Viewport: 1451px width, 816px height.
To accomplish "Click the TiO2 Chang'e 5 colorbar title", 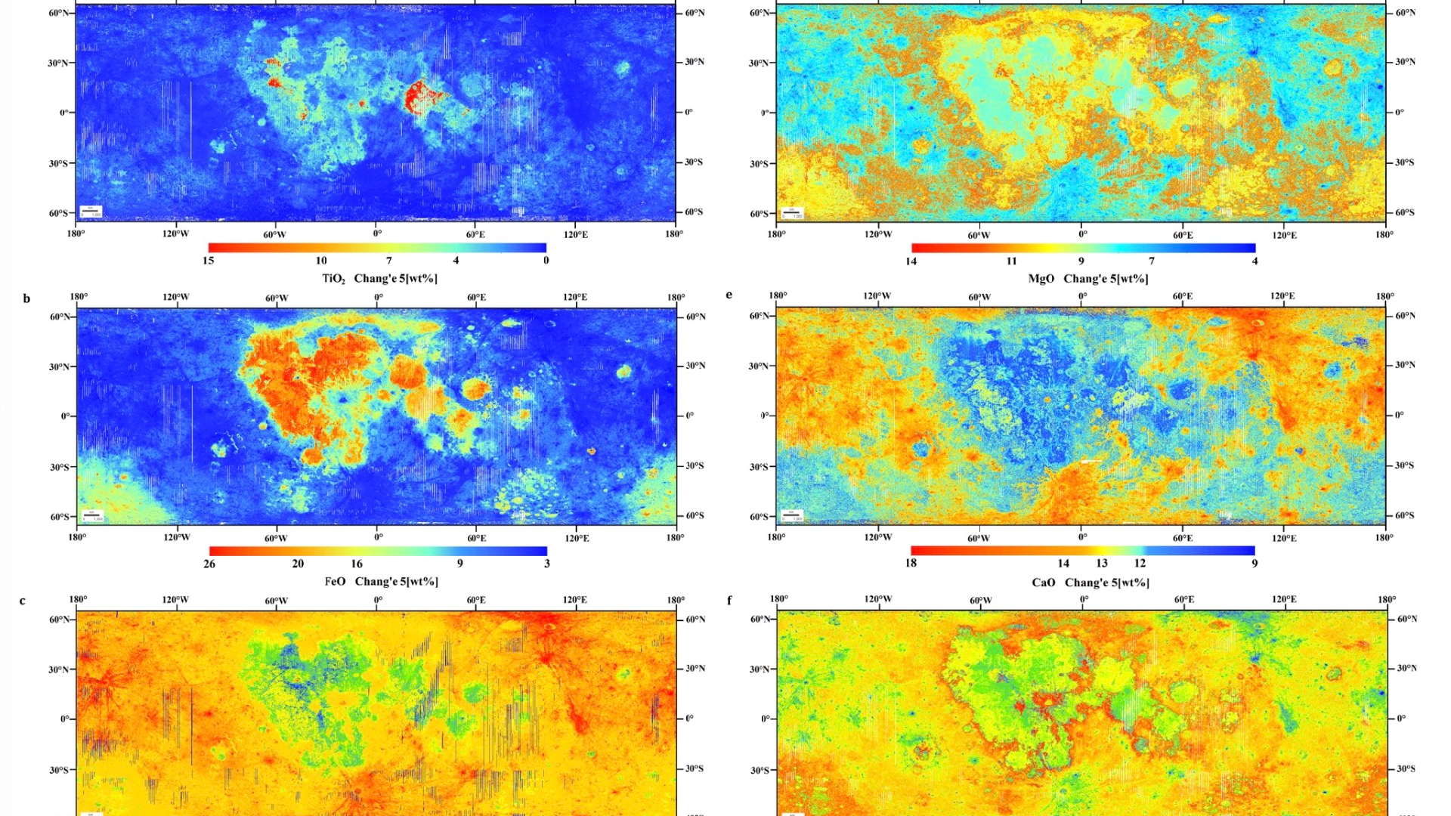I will [x=379, y=279].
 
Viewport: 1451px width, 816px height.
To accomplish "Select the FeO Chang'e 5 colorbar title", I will [x=381, y=582].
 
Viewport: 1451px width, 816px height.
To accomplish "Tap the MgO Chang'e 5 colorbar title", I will [x=1087, y=279].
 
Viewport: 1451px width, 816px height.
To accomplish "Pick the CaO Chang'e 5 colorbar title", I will [x=1090, y=583].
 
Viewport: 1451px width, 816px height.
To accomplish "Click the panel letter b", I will [x=26, y=299].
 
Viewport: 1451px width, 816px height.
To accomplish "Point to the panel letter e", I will [x=729, y=295].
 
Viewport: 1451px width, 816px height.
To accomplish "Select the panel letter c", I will [x=23, y=601].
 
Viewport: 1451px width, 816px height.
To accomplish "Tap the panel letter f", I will [x=729, y=601].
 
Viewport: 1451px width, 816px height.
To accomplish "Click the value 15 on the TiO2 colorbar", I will [x=209, y=261].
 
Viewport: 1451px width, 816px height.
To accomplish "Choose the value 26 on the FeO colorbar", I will [x=209, y=564].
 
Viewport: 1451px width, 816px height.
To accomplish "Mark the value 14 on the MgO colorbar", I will [x=911, y=261].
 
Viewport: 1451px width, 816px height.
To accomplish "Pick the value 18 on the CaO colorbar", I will [x=911, y=564].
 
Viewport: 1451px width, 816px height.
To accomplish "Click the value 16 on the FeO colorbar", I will [x=357, y=564].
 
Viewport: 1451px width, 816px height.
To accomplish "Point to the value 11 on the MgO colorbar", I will [x=1011, y=261].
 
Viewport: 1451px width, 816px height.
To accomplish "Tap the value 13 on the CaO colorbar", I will [x=1102, y=564].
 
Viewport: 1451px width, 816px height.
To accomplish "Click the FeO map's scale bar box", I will [x=92, y=515].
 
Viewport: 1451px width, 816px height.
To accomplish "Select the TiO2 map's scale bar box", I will [x=91, y=212].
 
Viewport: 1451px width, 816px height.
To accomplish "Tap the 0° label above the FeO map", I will [x=379, y=298].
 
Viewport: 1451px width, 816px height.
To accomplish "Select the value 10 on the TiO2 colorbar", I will [x=321, y=261].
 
